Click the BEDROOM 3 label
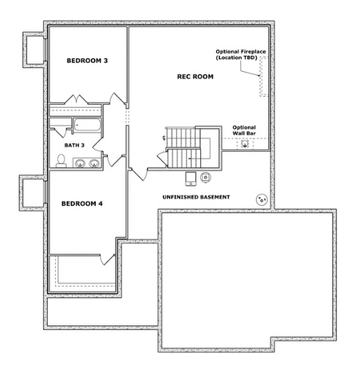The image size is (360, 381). click(87, 61)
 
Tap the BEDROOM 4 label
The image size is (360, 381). click(82, 204)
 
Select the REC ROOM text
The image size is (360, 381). click(195, 77)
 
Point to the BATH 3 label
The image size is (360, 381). click(75, 145)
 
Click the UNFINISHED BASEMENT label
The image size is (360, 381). click(196, 197)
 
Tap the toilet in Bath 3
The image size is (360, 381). click(61, 161)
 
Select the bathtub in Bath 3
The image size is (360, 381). click(87, 125)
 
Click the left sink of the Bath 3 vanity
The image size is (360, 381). click(80, 163)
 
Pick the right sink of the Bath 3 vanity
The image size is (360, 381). click(94, 163)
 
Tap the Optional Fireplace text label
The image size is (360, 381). click(240, 54)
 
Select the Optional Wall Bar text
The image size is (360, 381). click(244, 130)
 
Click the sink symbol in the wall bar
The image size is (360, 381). click(245, 144)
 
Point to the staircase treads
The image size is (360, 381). click(183, 147)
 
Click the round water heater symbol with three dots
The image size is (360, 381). click(262, 200)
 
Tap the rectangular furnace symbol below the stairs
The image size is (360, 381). click(191, 179)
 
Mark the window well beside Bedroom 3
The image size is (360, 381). click(34, 50)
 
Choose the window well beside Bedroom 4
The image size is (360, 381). click(32, 193)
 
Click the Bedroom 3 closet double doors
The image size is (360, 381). click(76, 100)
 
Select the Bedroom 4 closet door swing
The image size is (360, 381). click(107, 259)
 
